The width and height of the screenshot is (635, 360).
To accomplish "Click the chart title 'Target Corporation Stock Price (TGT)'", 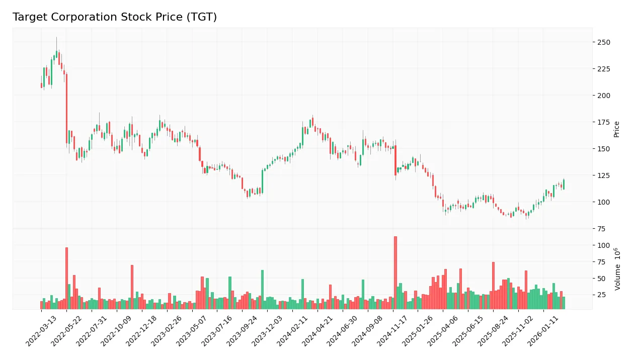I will point(115,17).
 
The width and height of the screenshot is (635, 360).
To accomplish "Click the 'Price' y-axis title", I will point(616,129).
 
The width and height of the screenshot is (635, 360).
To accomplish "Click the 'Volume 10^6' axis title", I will point(617,268).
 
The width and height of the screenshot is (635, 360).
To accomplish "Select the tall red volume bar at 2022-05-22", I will point(66,278).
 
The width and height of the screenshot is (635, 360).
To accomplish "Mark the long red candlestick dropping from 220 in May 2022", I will point(66,109).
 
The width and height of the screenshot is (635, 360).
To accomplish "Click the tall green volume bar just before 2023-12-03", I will point(262,289).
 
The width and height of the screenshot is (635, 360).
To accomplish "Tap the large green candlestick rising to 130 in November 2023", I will point(262,181).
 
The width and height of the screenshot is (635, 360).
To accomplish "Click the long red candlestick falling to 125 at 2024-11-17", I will point(395,160).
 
